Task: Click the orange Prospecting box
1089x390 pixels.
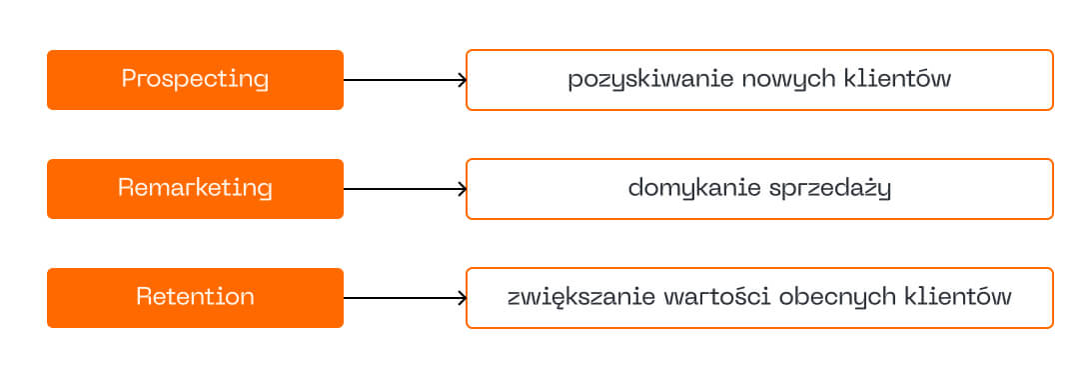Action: pos(195,80)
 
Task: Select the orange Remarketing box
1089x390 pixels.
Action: pos(195,189)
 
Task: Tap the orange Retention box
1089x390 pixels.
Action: pos(195,298)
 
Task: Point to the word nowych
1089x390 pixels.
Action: pos(787,81)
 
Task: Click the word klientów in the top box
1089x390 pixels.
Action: pos(896,79)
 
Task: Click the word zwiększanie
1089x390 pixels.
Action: pos(581,299)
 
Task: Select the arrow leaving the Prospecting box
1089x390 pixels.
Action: pos(405,80)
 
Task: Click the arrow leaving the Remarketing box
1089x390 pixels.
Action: pos(405,189)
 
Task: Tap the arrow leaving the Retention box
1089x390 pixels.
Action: pos(405,298)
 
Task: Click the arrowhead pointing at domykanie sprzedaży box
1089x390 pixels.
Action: pos(463,189)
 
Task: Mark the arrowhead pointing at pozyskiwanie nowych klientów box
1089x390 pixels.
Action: pos(463,80)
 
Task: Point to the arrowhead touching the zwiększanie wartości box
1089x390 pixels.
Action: pos(463,298)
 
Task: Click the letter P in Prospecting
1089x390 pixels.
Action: pos(129,79)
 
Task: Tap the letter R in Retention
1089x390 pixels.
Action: pos(145,297)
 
